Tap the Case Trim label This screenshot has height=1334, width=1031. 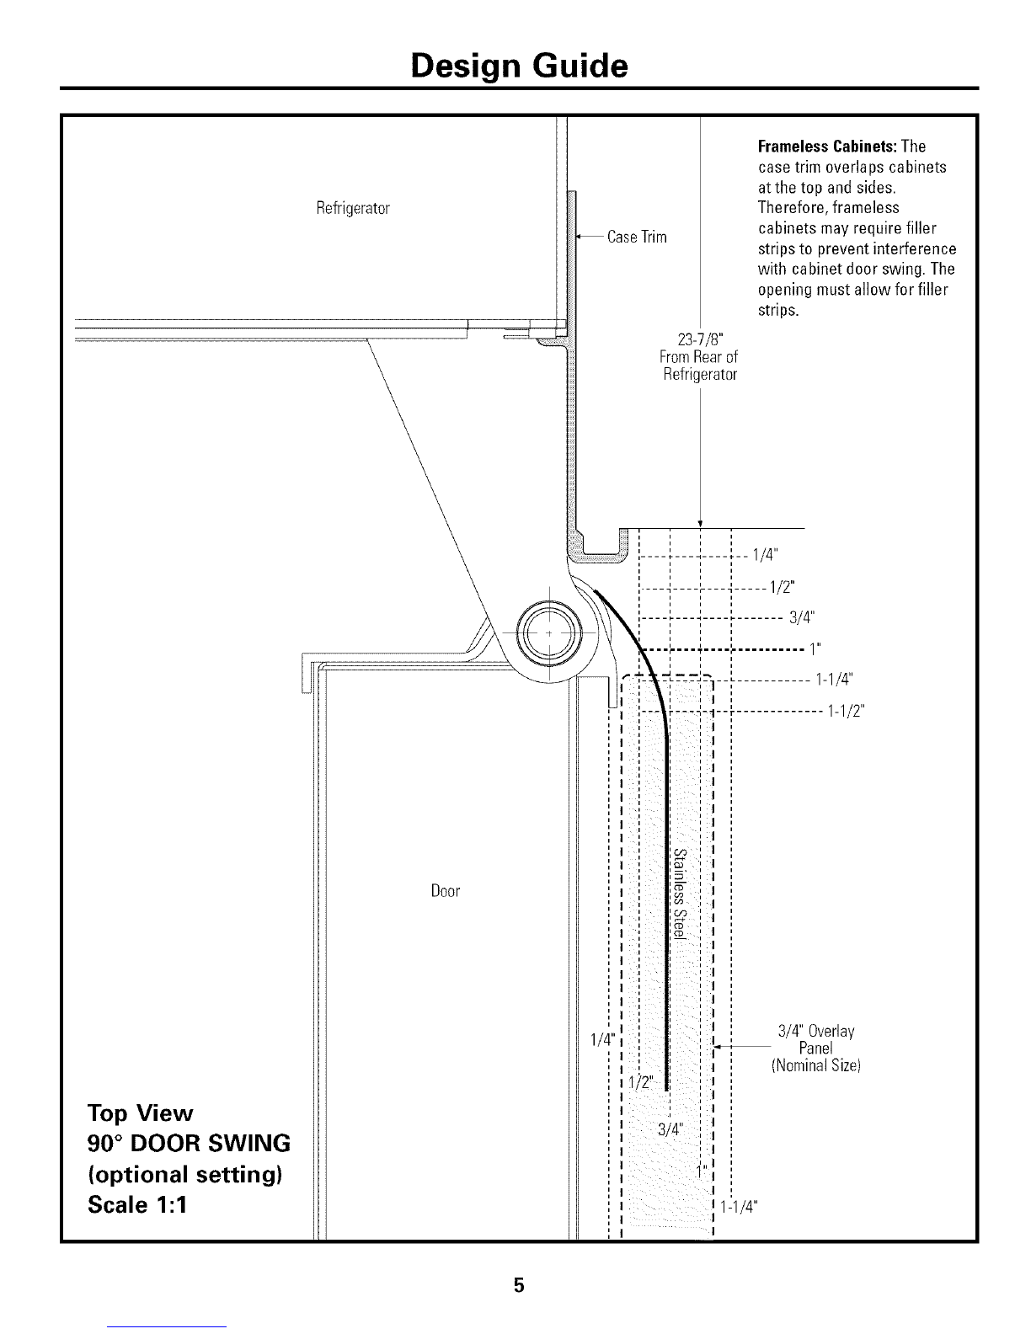click(637, 237)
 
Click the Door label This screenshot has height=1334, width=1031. click(446, 891)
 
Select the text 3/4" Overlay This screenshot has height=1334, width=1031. click(816, 1031)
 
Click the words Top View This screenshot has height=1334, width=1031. click(141, 1113)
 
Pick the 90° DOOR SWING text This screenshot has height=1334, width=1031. click(190, 1143)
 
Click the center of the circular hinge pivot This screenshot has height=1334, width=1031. click(548, 632)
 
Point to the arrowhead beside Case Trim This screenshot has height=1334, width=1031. click(579, 237)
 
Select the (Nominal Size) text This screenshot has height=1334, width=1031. click(815, 1065)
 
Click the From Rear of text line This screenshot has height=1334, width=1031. click(699, 357)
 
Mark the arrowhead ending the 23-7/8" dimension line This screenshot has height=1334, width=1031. click(701, 522)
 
